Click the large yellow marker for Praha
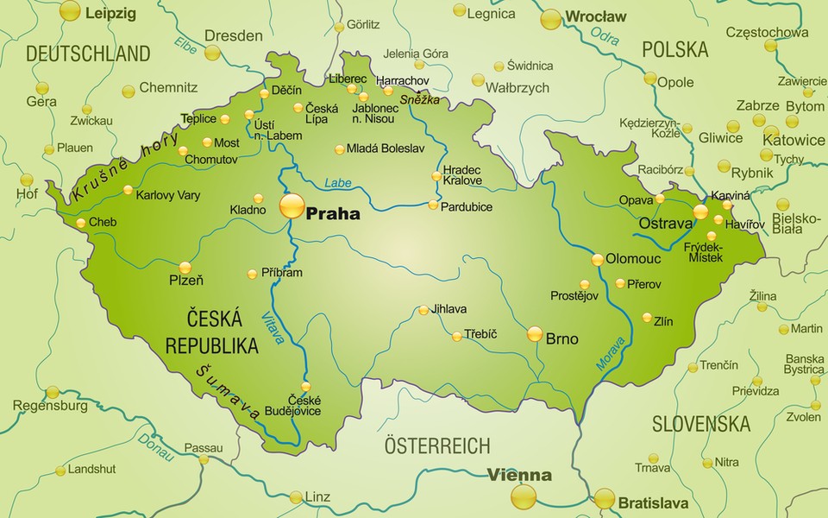point(292,205)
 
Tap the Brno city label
point(562,339)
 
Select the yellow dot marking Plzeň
point(185,268)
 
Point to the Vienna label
point(519,475)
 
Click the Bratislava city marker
point(605,498)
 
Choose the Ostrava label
point(665,224)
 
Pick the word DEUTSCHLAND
point(88,54)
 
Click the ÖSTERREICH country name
point(437,446)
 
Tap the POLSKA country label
point(674,49)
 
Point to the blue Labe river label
point(339,183)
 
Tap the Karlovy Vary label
point(168,195)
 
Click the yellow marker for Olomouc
point(597,259)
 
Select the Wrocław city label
point(595,16)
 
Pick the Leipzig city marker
point(70,11)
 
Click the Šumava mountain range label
point(228,393)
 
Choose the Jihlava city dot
point(423,310)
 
